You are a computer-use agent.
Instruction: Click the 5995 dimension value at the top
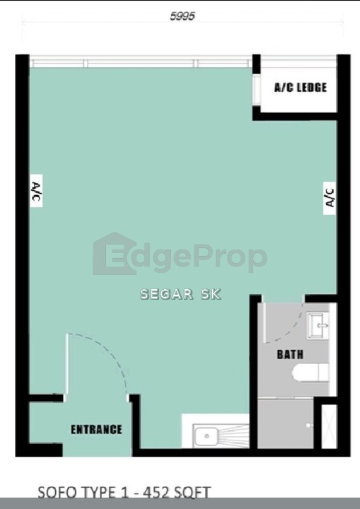pyautogui.click(x=182, y=16)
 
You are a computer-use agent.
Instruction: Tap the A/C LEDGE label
pyautogui.click(x=300, y=88)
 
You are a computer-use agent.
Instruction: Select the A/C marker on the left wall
pyautogui.click(x=36, y=191)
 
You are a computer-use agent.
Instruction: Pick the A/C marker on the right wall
pyautogui.click(x=330, y=198)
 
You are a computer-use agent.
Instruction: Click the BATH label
pyautogui.click(x=290, y=354)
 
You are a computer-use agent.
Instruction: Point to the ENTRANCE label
pyautogui.click(x=96, y=430)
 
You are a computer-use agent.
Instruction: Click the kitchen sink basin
pyautogui.click(x=206, y=437)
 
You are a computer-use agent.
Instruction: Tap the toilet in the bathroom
pyautogui.click(x=310, y=373)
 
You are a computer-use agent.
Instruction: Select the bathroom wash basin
pyautogui.click(x=318, y=326)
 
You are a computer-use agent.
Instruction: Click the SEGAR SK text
pyautogui.click(x=180, y=294)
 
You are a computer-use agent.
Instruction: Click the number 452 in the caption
pyautogui.click(x=158, y=493)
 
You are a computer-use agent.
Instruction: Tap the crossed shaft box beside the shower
pyautogui.click(x=329, y=426)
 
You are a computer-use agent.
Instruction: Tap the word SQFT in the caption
pyautogui.click(x=194, y=493)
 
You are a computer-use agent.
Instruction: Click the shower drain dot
pyautogui.click(x=308, y=425)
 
